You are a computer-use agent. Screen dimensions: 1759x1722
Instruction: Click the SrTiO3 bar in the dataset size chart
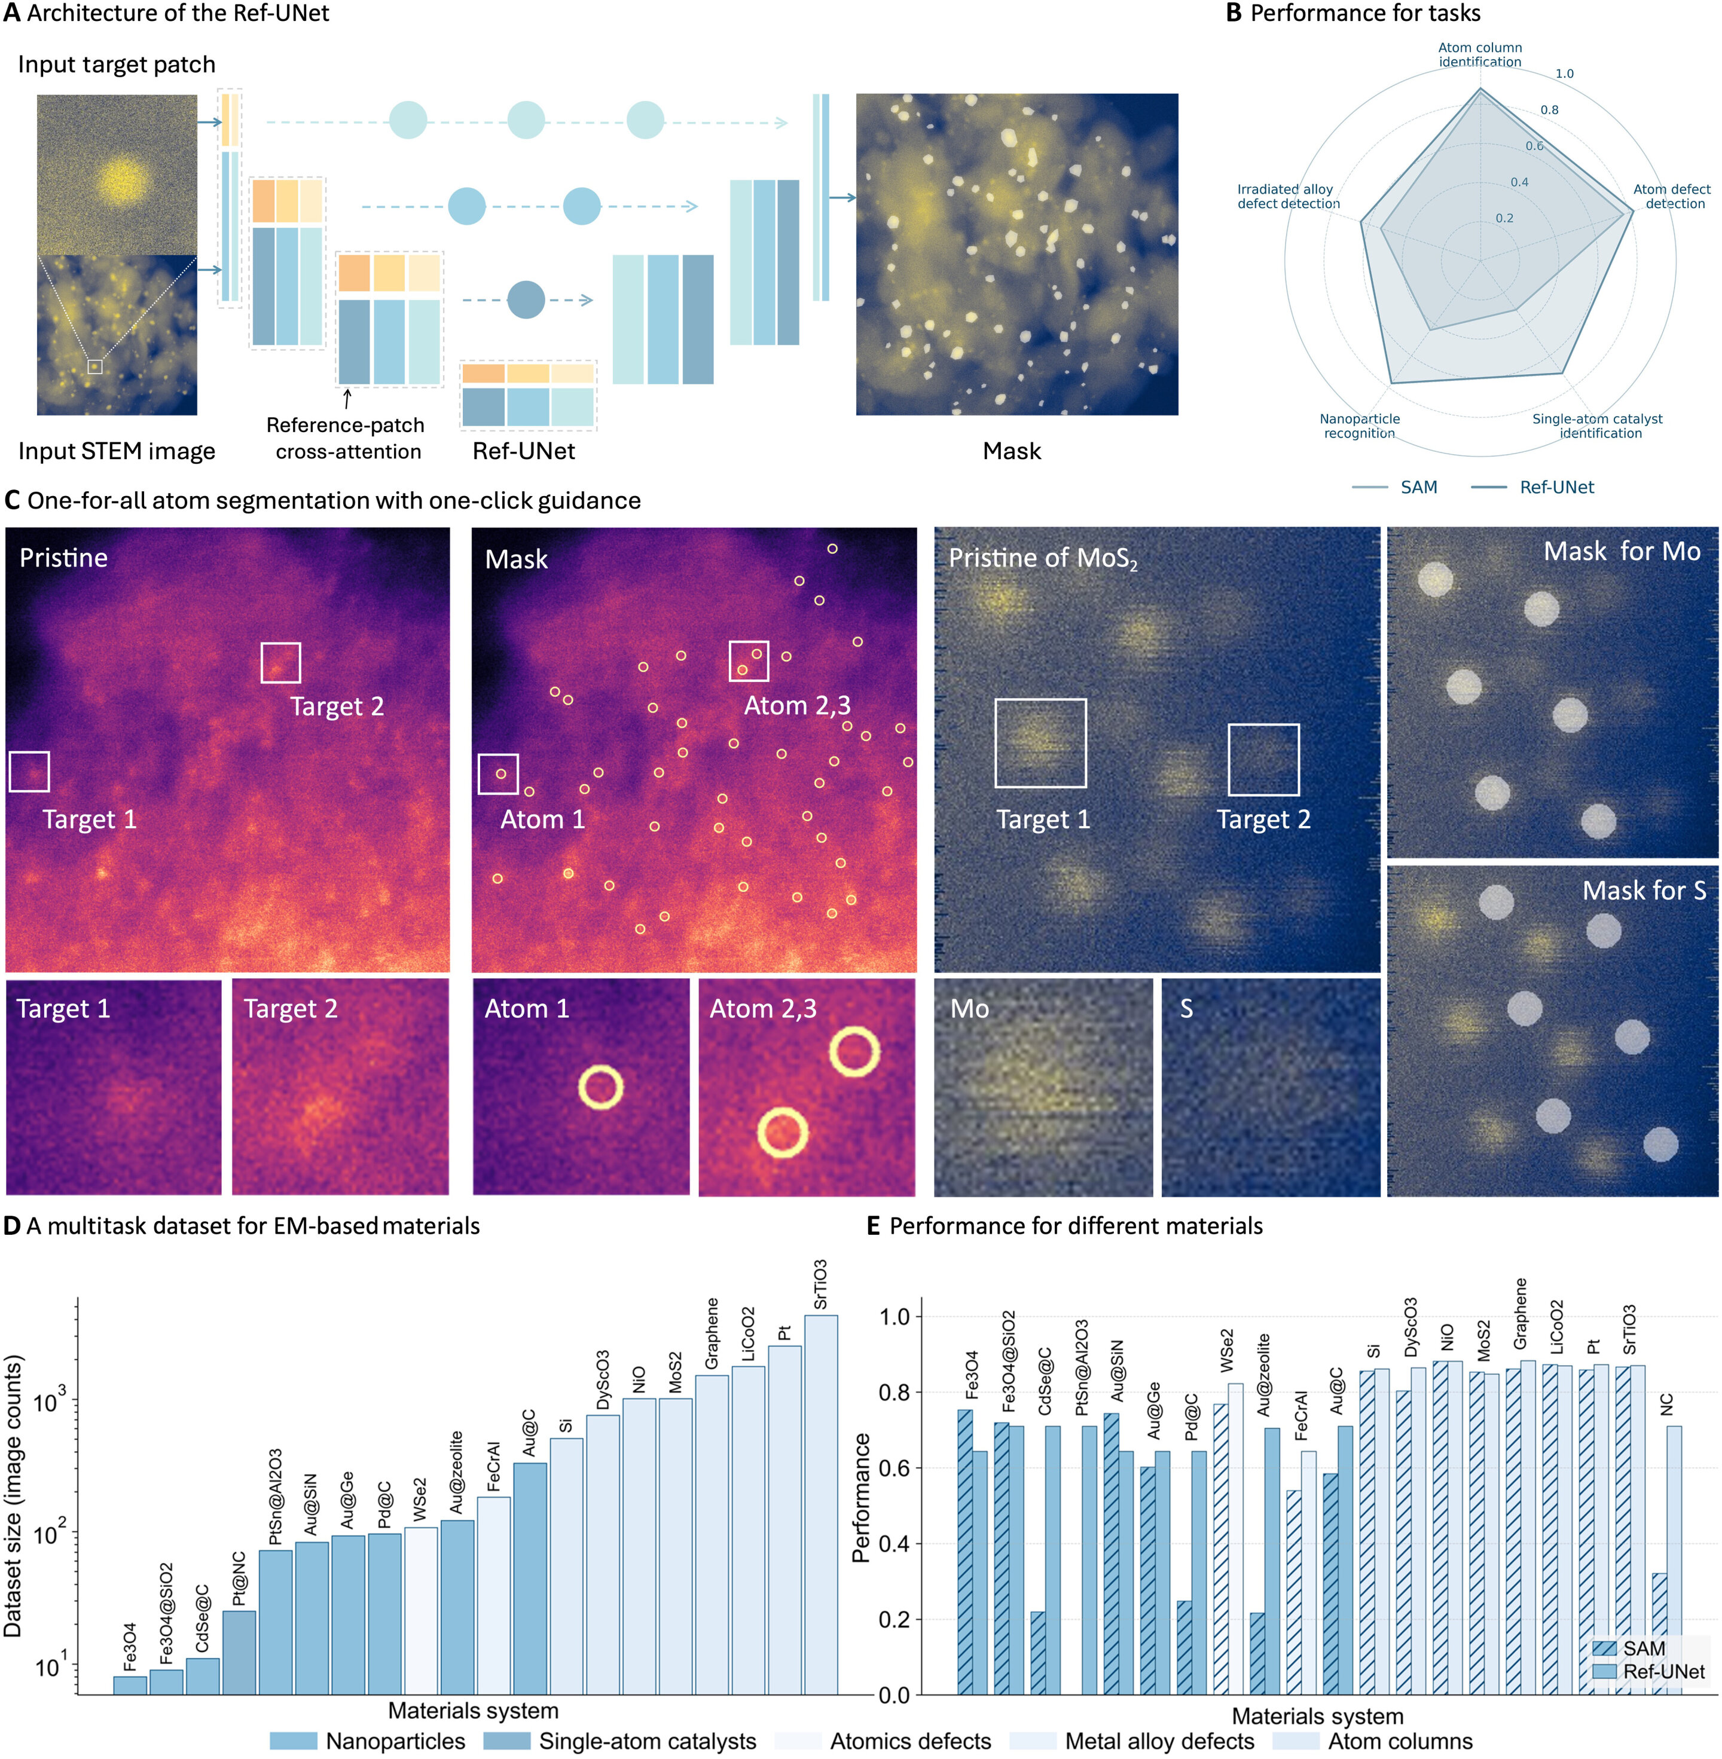point(820,1505)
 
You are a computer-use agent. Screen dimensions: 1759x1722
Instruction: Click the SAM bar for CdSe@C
point(1037,1653)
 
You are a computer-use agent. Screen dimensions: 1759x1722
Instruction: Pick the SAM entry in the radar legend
point(1418,487)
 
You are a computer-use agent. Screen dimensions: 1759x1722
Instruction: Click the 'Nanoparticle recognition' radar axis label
point(1358,426)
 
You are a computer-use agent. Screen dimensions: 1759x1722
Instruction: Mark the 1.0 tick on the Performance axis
point(894,1316)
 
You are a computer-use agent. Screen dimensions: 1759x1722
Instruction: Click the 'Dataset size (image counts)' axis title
point(13,1496)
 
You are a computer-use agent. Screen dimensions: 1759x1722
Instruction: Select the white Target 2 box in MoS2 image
point(1263,759)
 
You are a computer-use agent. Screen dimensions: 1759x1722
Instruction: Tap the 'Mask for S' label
point(1643,891)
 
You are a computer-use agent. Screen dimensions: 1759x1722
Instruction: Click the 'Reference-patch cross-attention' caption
point(346,438)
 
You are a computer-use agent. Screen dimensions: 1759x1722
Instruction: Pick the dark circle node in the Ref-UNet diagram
point(526,300)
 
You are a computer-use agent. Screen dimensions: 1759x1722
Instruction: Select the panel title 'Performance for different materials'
point(1075,1226)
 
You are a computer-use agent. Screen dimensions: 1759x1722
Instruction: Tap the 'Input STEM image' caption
point(117,451)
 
